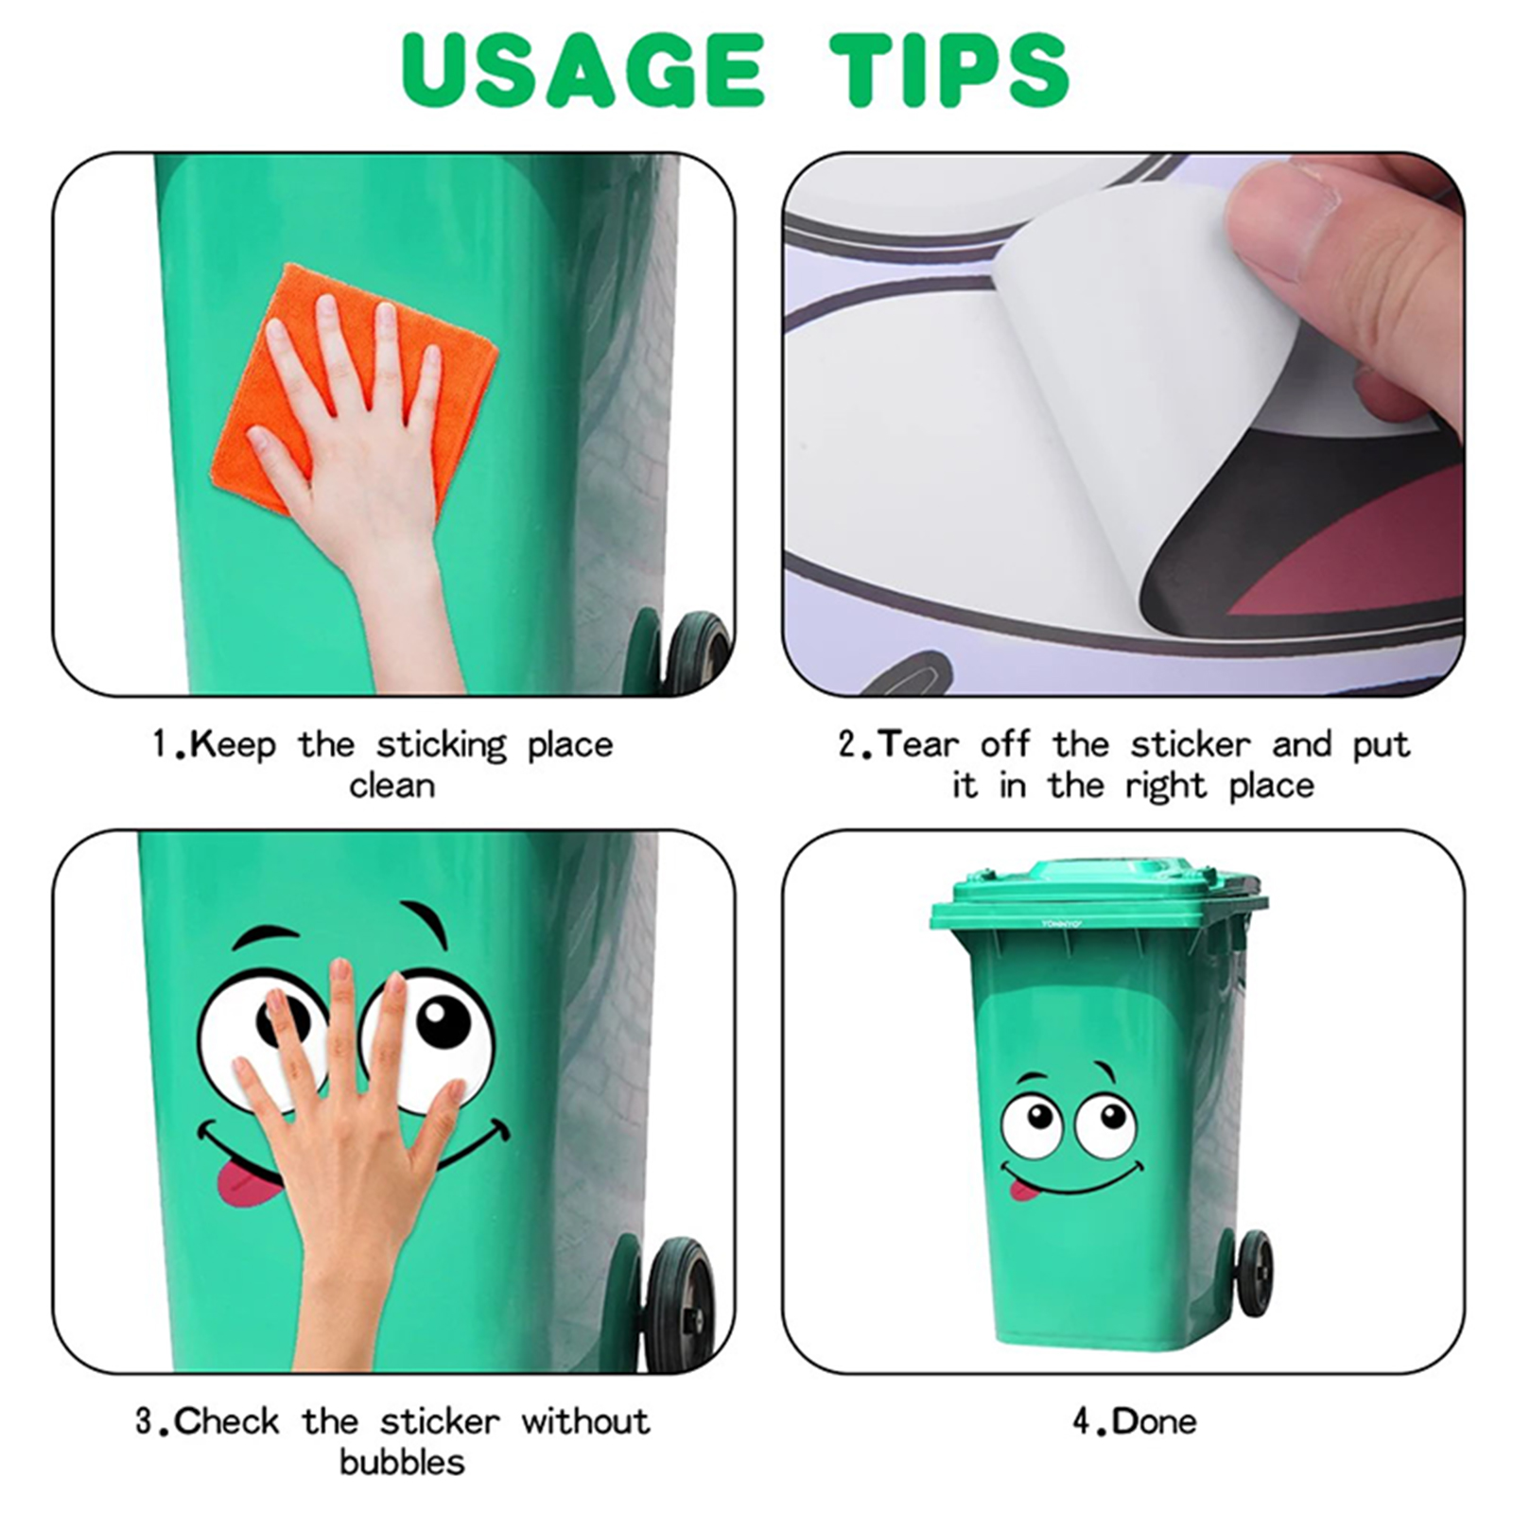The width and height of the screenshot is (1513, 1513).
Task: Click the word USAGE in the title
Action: (583, 70)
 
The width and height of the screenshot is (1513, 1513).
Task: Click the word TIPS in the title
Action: (949, 70)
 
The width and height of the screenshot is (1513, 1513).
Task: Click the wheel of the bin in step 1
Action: (698, 652)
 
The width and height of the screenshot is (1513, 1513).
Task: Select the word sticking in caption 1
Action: (443, 746)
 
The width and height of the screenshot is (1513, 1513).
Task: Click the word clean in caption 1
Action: (391, 787)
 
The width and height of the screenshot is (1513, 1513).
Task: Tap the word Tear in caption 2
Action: (918, 745)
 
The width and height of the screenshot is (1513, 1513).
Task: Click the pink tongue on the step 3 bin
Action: (249, 1187)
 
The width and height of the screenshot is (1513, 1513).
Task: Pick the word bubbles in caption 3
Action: (403, 1462)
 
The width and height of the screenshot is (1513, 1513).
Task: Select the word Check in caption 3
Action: (227, 1421)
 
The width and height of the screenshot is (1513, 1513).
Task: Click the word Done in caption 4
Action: (1154, 1421)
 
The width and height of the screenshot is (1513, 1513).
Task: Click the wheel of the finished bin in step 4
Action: (1252, 1273)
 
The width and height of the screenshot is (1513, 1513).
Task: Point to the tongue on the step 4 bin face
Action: (1022, 1189)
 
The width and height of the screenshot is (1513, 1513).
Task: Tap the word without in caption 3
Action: (585, 1421)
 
